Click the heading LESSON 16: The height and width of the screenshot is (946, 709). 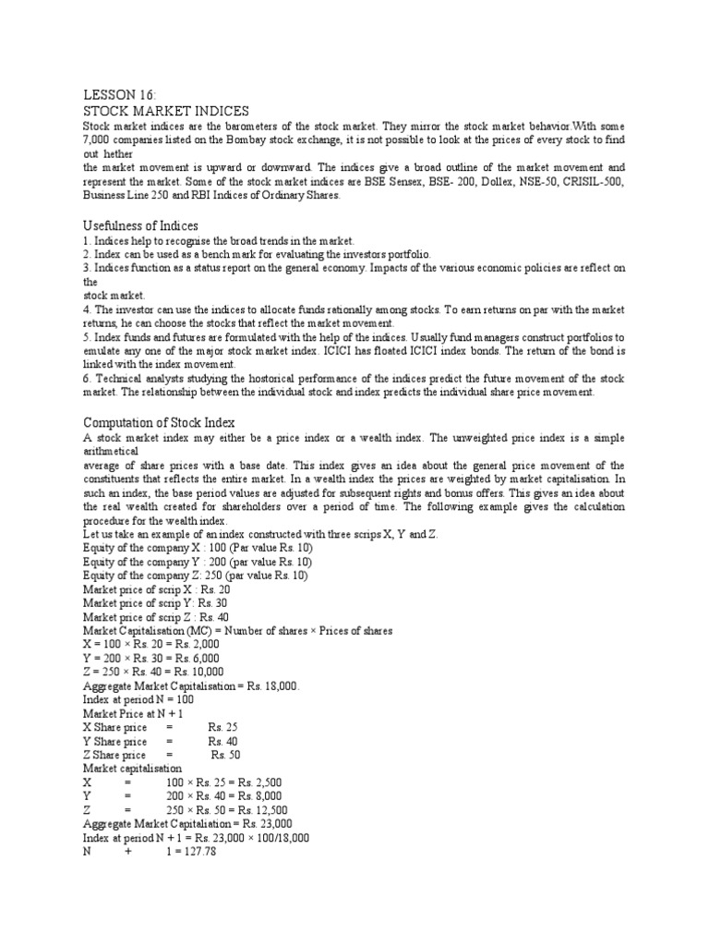(x=114, y=95)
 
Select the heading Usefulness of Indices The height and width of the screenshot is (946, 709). (x=140, y=226)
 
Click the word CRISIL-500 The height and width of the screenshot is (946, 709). (x=595, y=182)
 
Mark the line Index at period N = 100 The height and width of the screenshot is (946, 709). (x=140, y=700)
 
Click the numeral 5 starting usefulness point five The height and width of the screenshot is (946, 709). (x=85, y=337)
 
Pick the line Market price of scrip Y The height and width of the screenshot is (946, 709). (x=142, y=602)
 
